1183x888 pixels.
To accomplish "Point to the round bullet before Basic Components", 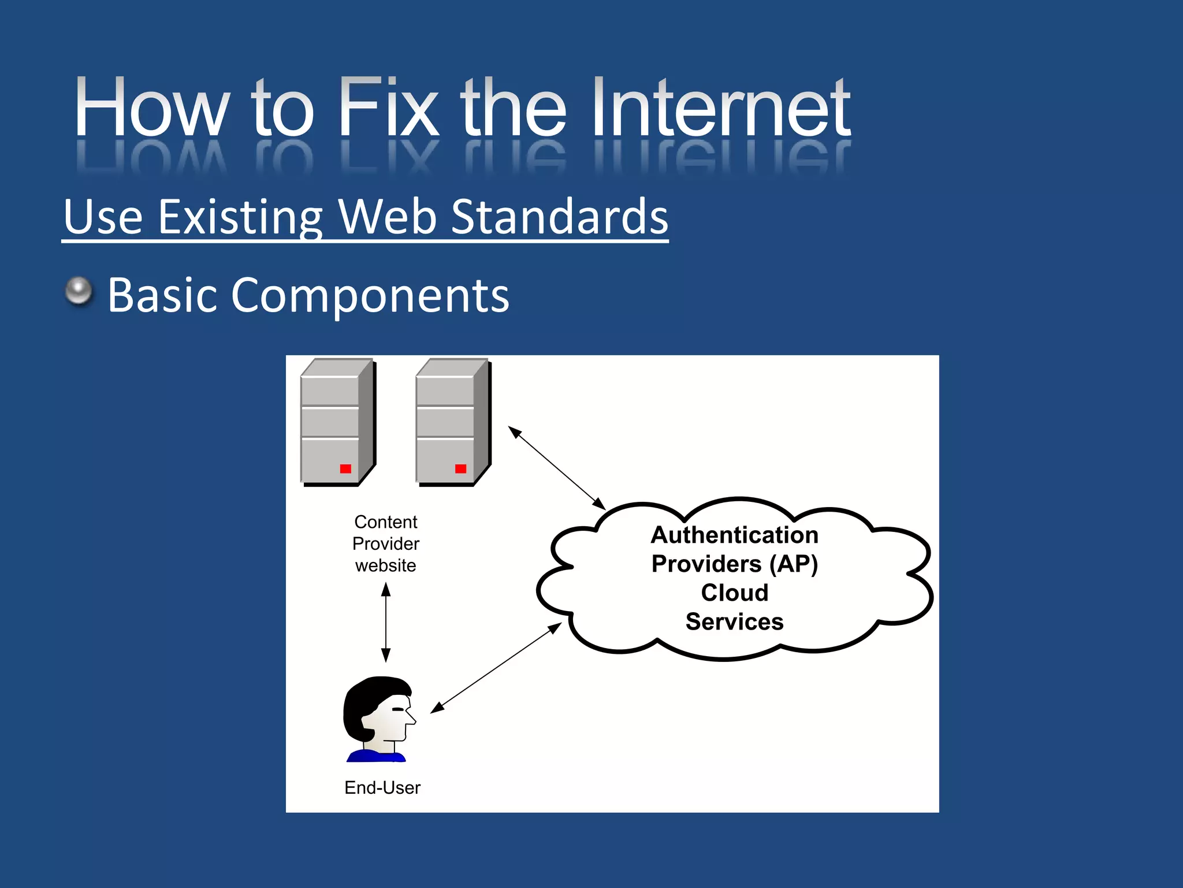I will click(x=79, y=291).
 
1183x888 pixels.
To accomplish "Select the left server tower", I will click(x=337, y=422).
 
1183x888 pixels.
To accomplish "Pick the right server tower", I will click(x=452, y=422).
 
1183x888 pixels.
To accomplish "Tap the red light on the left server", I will click(x=345, y=468).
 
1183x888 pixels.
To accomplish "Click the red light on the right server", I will click(x=460, y=468).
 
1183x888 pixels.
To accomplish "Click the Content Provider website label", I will click(x=386, y=543).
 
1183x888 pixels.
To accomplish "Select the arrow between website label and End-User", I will click(x=386, y=622).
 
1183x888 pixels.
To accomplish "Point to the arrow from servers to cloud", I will click(x=556, y=468).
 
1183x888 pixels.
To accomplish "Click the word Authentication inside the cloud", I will click(x=734, y=535).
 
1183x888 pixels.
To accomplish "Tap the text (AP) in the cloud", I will click(x=794, y=564).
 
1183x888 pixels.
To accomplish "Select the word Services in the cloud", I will click(x=734, y=622).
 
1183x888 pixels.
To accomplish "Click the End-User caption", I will click(x=382, y=787).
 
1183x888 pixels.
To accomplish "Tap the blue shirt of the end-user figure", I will click(x=375, y=756).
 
